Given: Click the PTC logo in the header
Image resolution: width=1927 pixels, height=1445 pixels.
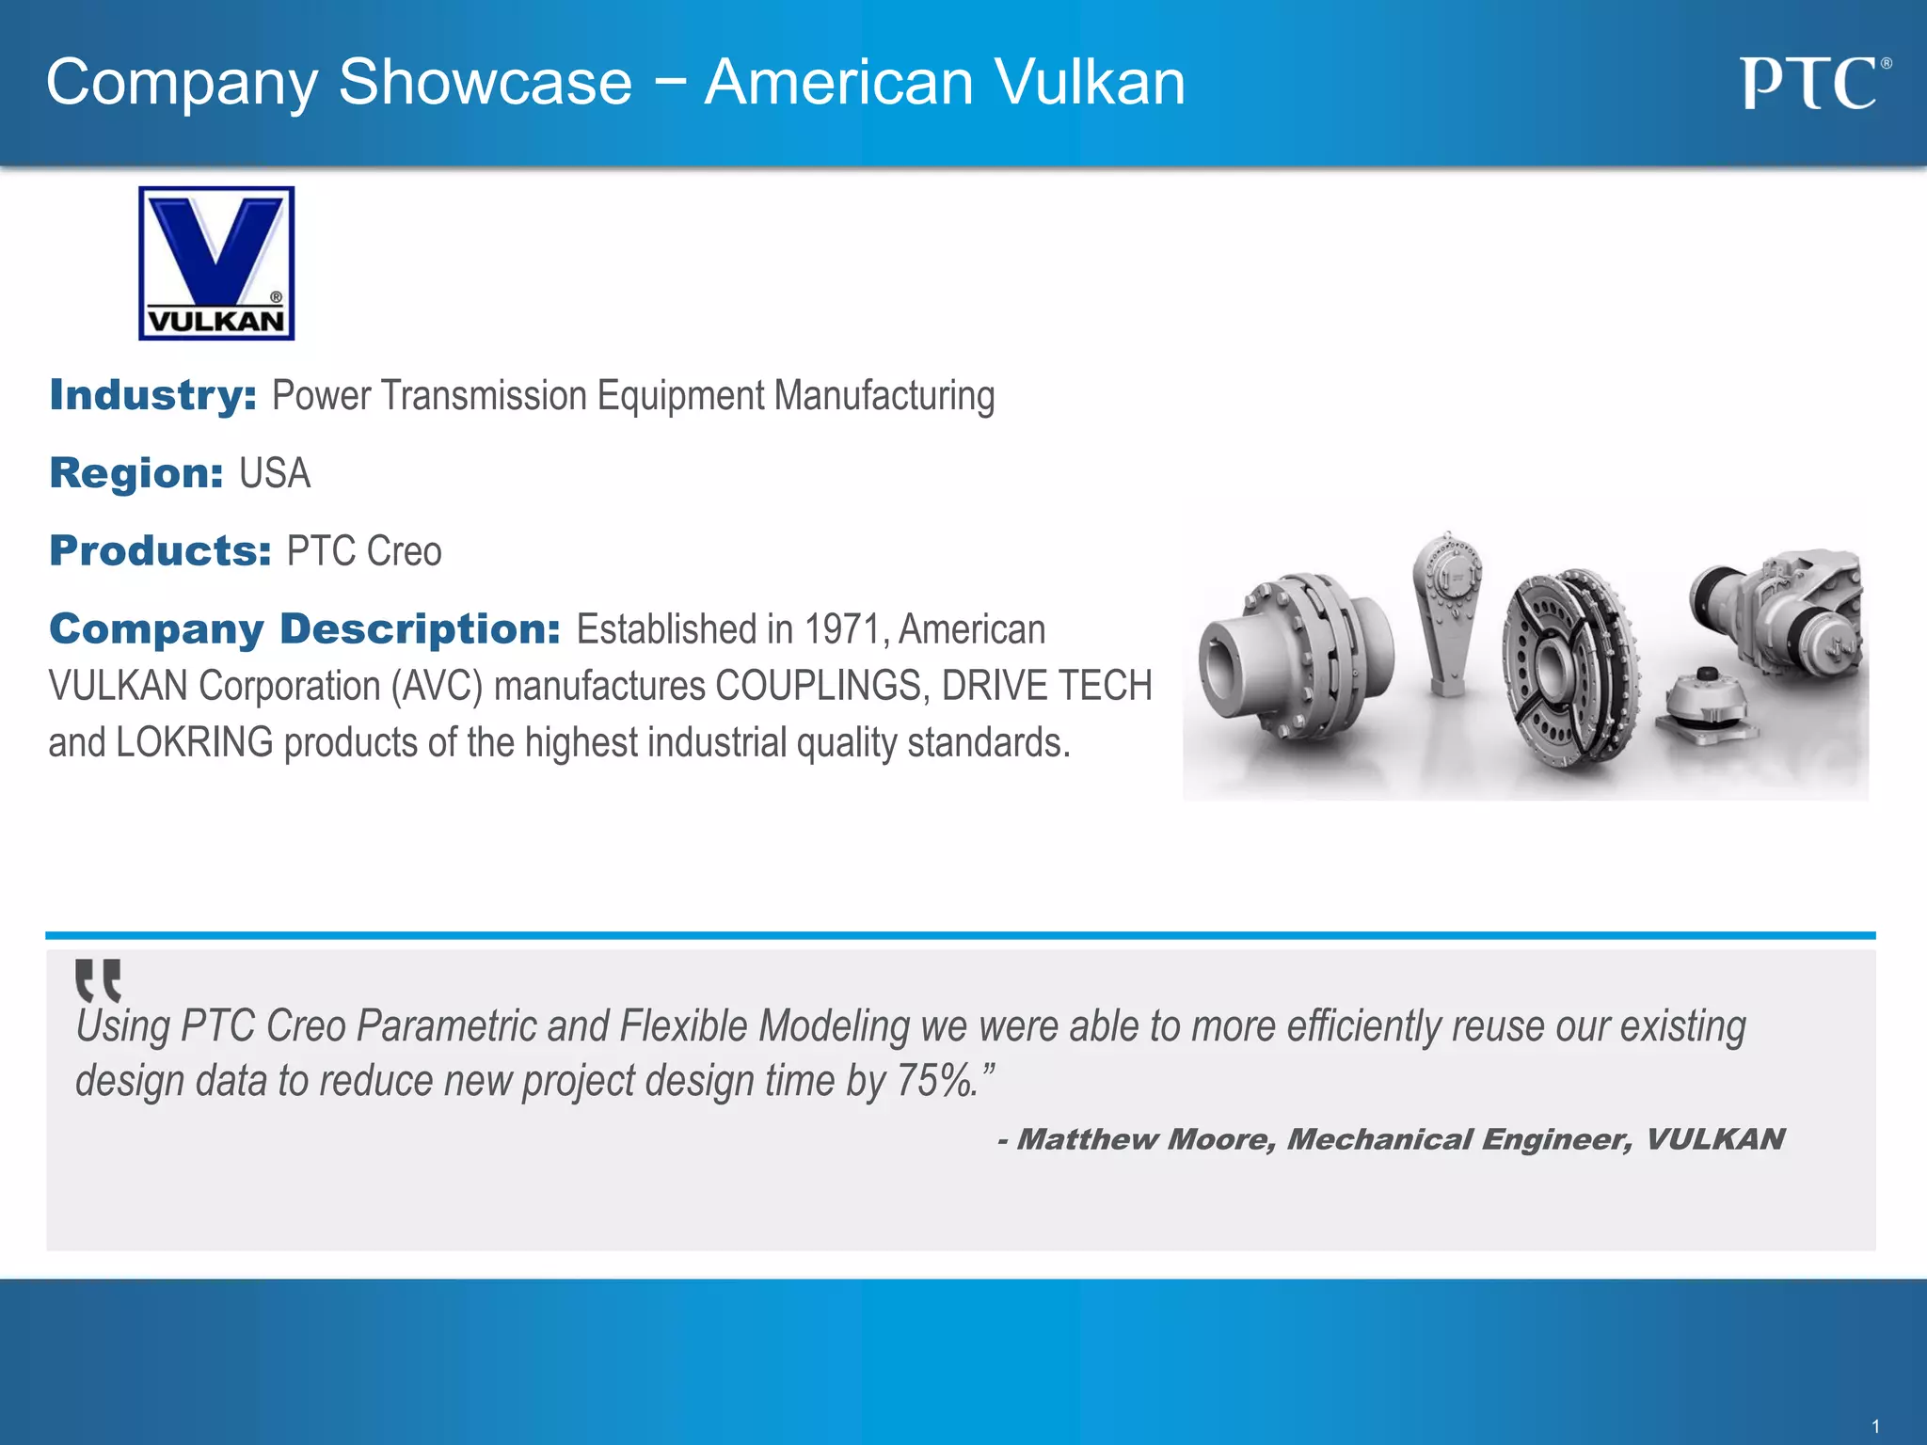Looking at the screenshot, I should coord(1813,84).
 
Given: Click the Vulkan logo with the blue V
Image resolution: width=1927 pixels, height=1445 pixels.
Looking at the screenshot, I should coord(216,262).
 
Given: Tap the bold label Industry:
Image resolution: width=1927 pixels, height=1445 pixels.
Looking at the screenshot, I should coord(152,395).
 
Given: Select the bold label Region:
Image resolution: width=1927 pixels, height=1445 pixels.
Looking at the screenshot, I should coord(135,473).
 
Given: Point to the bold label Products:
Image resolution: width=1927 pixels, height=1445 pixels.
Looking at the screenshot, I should coord(160,551).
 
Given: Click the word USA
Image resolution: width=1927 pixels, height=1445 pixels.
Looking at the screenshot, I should coord(275,473).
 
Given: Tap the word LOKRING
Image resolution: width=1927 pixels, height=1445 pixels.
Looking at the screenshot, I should coord(195,742).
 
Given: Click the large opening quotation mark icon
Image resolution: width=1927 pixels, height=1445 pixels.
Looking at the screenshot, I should coord(98,980).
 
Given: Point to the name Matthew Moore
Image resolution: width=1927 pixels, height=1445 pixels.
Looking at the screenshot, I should coord(1146,1139).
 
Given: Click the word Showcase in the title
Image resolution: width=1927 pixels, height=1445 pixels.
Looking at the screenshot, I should coord(485,83).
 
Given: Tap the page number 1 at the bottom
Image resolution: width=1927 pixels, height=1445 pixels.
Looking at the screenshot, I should coord(1875,1426).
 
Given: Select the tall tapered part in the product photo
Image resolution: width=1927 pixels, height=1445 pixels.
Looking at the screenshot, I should coord(1447,611).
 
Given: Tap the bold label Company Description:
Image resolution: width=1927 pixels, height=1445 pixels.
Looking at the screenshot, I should coord(305,629).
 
